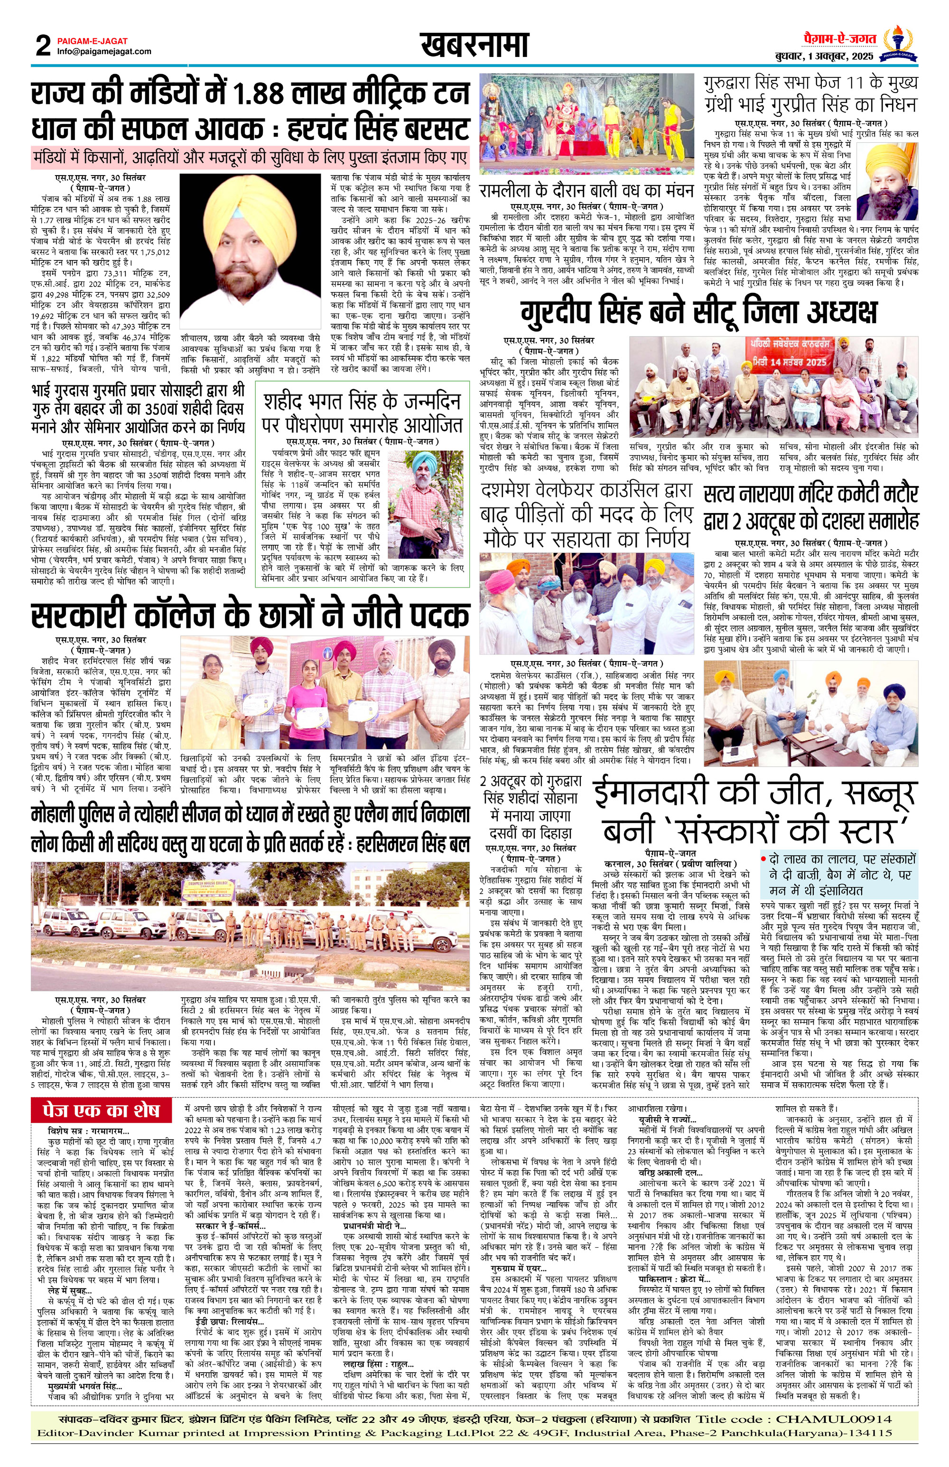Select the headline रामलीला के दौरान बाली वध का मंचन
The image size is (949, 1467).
tap(586, 190)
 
